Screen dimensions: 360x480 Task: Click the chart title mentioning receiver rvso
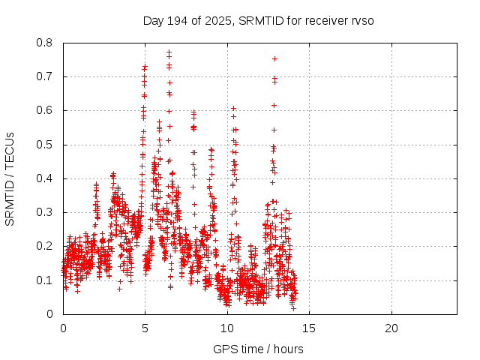(x=258, y=20)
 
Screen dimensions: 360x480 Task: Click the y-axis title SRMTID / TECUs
(x=10, y=178)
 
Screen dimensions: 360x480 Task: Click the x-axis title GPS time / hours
(x=258, y=349)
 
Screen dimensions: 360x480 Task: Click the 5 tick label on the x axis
(x=145, y=328)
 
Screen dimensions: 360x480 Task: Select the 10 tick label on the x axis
(x=227, y=328)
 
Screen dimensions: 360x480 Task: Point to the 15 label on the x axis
(x=309, y=328)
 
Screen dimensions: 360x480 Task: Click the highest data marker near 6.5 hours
(x=169, y=52)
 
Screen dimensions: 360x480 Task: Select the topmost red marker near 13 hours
(x=274, y=58)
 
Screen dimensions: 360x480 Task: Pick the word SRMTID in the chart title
(x=259, y=20)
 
